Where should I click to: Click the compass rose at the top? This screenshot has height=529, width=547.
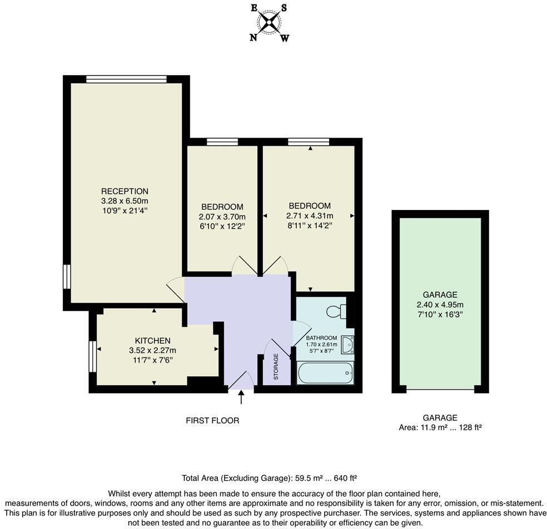[x=270, y=23]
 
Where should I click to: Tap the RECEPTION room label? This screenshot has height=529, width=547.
[x=125, y=191]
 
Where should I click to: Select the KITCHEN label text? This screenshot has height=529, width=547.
[x=152, y=341]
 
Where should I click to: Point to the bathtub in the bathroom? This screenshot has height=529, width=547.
[x=325, y=372]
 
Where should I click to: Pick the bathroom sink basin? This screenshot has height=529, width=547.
[x=347, y=345]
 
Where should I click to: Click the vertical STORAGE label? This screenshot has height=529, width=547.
[x=276, y=367]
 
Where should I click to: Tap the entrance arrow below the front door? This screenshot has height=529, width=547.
[x=241, y=397]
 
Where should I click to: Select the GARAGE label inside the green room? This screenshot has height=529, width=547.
[x=440, y=295]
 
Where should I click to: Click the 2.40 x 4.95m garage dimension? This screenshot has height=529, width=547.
[x=440, y=305]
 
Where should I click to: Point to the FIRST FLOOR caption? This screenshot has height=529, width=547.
[x=212, y=421]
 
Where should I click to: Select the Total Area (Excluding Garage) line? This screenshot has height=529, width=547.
[x=269, y=478]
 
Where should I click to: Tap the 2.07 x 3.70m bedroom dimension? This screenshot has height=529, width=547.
[x=222, y=217]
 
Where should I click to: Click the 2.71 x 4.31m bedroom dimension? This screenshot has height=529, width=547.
[x=310, y=216]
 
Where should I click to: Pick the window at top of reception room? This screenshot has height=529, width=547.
[x=127, y=79]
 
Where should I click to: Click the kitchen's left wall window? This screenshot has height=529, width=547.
[x=93, y=356]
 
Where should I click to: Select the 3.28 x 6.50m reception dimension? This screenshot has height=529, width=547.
[x=125, y=201]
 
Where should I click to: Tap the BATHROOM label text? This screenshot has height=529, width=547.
[x=321, y=338]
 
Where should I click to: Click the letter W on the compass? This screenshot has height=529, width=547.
[x=285, y=38]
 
